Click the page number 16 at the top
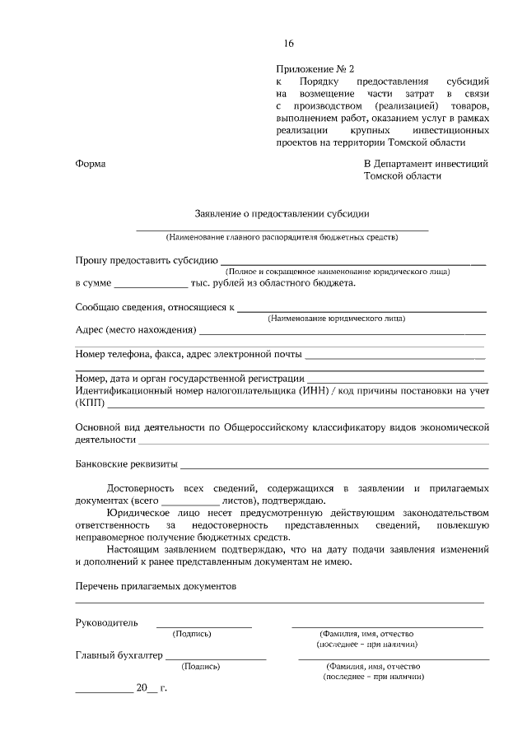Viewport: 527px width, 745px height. [288, 44]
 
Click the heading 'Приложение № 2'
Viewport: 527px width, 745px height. [315, 70]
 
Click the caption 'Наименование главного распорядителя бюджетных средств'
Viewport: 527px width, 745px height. [282, 237]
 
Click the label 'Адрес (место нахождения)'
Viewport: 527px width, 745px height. [135, 330]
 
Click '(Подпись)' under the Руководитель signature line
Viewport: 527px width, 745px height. [192, 634]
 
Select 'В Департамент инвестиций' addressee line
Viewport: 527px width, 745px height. [426, 163]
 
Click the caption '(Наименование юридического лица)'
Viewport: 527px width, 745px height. [336, 318]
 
